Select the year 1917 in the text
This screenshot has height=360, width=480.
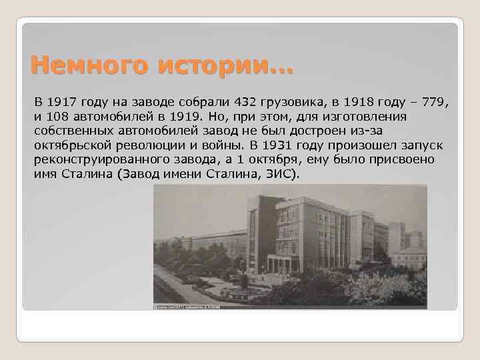point(60,103)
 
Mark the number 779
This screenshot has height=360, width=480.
point(433,103)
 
